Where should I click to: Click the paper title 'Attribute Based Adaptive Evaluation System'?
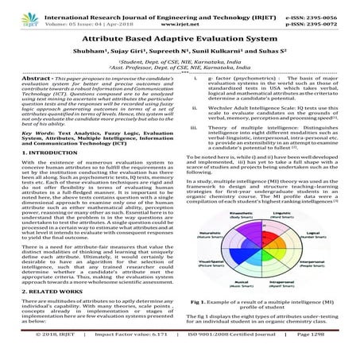180,37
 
